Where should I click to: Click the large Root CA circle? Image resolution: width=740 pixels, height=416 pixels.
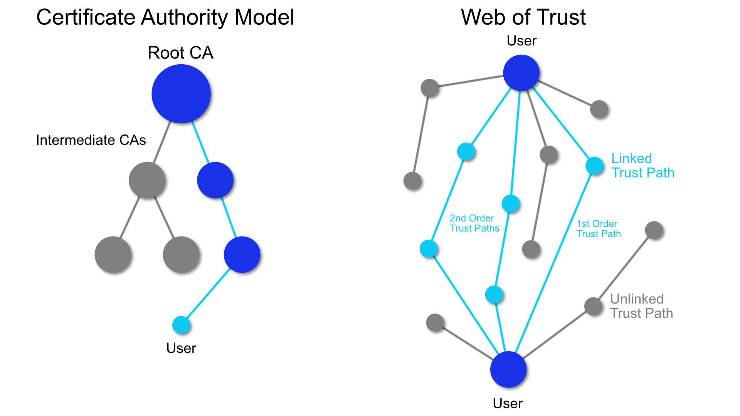click(181, 94)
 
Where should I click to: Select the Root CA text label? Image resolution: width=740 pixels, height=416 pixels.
click(180, 53)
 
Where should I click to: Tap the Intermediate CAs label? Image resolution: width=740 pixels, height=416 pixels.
click(91, 140)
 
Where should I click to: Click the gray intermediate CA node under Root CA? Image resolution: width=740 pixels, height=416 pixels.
click(147, 180)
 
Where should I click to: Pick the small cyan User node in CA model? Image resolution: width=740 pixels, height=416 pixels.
click(181, 325)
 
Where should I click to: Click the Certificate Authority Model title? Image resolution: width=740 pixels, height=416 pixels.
click(165, 17)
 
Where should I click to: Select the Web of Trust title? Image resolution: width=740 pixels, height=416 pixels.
click(523, 17)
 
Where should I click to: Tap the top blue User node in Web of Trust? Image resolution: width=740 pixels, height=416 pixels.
click(521, 73)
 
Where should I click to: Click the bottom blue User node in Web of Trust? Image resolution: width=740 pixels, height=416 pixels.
click(508, 369)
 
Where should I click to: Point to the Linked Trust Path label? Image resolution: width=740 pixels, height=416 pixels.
click(642, 166)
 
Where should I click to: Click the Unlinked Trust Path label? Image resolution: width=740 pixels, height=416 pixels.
click(641, 306)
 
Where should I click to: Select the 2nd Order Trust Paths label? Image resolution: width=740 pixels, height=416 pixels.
click(474, 223)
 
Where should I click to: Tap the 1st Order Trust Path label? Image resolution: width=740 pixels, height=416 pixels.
click(599, 229)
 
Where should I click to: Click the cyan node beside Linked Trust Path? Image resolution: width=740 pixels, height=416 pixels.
click(594, 166)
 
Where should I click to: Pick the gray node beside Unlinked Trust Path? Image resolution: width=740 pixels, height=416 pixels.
click(593, 306)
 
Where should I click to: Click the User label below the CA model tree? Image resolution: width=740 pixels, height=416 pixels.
click(181, 348)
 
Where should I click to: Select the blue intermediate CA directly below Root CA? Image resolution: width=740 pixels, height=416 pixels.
click(215, 180)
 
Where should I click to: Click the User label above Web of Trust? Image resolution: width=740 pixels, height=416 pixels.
click(521, 41)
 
